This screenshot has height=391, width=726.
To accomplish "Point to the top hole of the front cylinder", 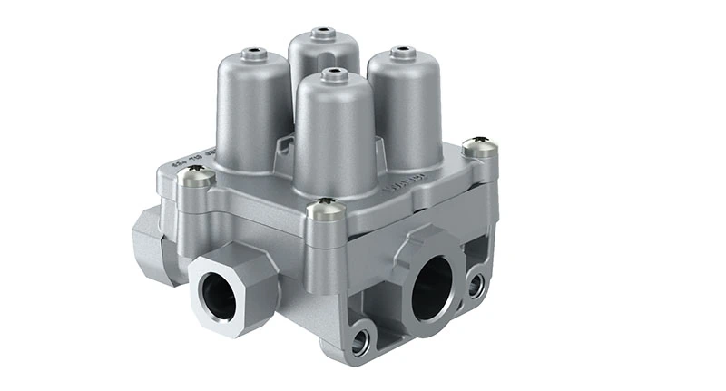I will point(332,72).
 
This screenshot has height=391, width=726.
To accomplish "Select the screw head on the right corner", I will point(480,146).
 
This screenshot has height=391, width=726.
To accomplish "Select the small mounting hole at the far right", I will point(476,285).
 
